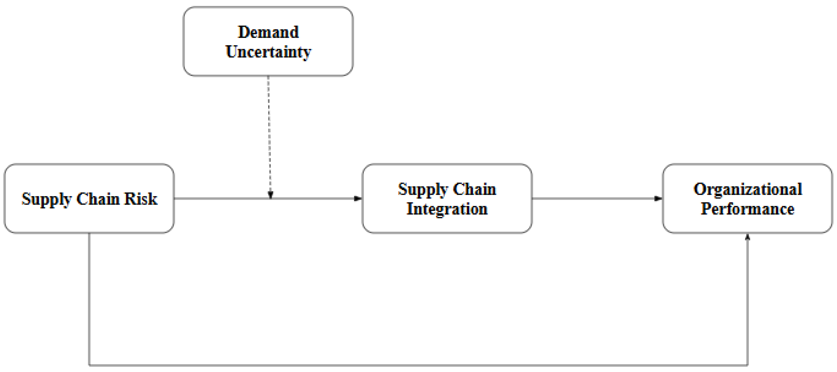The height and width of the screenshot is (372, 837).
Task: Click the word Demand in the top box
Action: coord(268,32)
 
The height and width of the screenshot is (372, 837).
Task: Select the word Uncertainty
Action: coord(268,52)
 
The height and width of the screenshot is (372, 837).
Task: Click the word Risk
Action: coord(141,199)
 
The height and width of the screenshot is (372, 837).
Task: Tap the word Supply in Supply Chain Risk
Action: coord(46,199)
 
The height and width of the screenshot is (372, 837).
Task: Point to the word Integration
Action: coord(447,209)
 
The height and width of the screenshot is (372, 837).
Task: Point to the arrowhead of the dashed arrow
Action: coord(270,195)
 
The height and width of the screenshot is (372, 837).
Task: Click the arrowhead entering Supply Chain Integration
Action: coord(358,199)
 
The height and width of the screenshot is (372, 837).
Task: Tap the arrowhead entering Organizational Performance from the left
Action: coord(658,199)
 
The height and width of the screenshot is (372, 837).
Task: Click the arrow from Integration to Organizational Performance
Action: coord(595,199)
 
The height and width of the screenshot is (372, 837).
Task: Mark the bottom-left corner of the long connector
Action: coord(89,365)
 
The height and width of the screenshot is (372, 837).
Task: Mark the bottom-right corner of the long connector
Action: coord(748,365)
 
